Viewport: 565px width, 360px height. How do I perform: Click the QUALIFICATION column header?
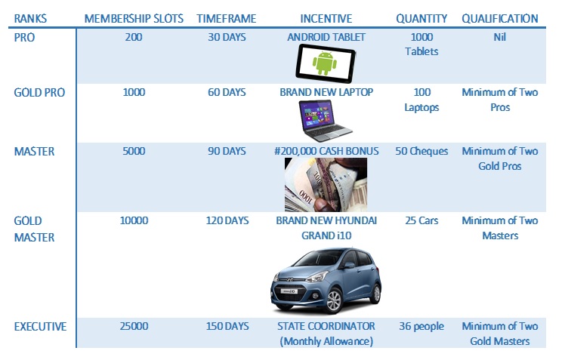tap(500, 18)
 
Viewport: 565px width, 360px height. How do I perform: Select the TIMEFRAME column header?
tap(227, 18)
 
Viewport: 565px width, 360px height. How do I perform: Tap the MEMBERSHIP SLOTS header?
tap(134, 18)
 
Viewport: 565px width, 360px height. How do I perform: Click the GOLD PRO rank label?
tap(39, 93)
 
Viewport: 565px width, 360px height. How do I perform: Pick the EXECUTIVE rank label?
tap(40, 327)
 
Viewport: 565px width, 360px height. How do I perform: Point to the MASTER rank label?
tap(34, 151)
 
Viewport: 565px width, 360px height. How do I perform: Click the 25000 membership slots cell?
tap(134, 326)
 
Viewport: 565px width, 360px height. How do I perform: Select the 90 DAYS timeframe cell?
tap(227, 151)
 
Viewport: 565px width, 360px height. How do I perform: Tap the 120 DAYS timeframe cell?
tap(227, 220)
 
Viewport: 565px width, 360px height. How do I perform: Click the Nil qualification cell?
tap(500, 37)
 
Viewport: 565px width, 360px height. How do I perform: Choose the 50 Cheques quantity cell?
tap(421, 151)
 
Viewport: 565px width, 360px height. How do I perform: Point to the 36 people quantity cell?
tap(421, 327)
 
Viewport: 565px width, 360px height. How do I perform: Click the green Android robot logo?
tap(325, 63)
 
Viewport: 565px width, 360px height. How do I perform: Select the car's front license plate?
tap(289, 291)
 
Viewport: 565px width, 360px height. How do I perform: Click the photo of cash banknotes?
tap(326, 185)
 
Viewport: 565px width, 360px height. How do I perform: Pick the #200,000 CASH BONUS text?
tap(326, 151)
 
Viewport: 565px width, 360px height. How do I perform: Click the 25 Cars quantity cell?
tap(421, 220)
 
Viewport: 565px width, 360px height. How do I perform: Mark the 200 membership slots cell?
tap(134, 37)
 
